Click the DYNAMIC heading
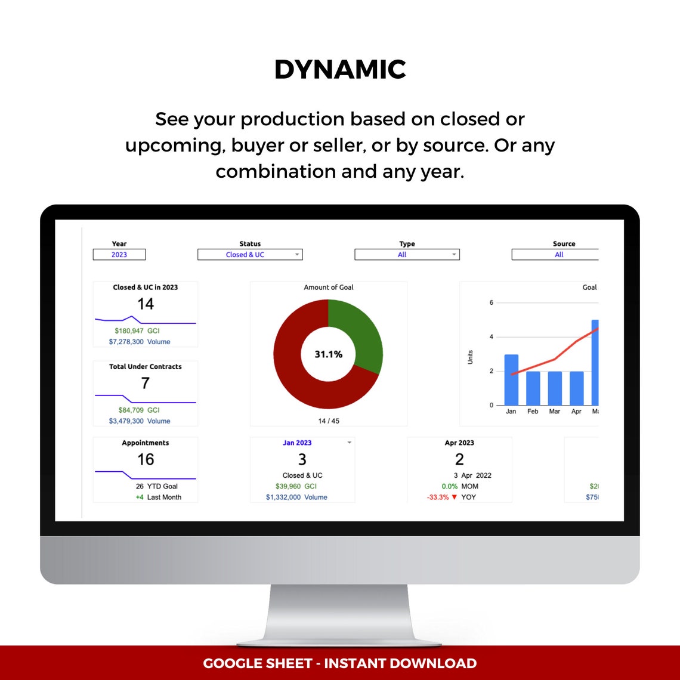pyautogui.click(x=340, y=70)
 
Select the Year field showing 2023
pyautogui.click(x=119, y=255)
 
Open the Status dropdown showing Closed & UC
pyautogui.click(x=250, y=255)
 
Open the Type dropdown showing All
pyautogui.click(x=407, y=255)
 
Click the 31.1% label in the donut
pyautogui.click(x=329, y=354)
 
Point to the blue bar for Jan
pyautogui.click(x=511, y=379)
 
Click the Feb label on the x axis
pyautogui.click(x=533, y=412)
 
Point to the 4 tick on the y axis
pyautogui.click(x=492, y=337)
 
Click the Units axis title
pyautogui.click(x=471, y=357)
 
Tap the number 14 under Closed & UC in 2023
pyautogui.click(x=146, y=304)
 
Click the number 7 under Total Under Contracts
pyautogui.click(x=146, y=384)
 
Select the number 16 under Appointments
pyautogui.click(x=146, y=459)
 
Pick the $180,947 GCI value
pyautogui.click(x=129, y=330)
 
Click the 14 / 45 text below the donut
pyautogui.click(x=329, y=421)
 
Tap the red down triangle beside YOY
pyautogui.click(x=455, y=497)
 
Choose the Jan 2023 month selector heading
pyautogui.click(x=297, y=443)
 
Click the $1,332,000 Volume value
pyautogui.click(x=283, y=497)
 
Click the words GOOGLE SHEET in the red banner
pyautogui.click(x=258, y=663)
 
